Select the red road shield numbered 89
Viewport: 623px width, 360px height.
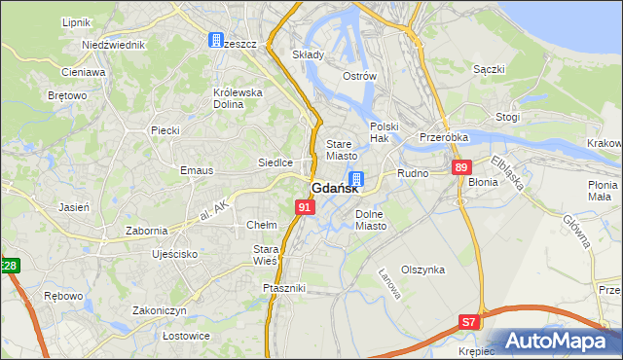coord(461,168)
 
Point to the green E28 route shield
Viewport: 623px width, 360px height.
coord(8,266)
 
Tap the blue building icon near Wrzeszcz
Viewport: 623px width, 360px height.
coord(215,40)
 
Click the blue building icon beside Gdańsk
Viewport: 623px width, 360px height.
coord(357,179)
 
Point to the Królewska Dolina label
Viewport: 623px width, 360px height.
coord(238,99)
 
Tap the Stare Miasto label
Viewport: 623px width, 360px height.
coord(342,150)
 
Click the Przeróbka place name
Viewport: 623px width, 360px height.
coord(444,138)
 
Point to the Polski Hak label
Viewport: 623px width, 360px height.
coord(385,132)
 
